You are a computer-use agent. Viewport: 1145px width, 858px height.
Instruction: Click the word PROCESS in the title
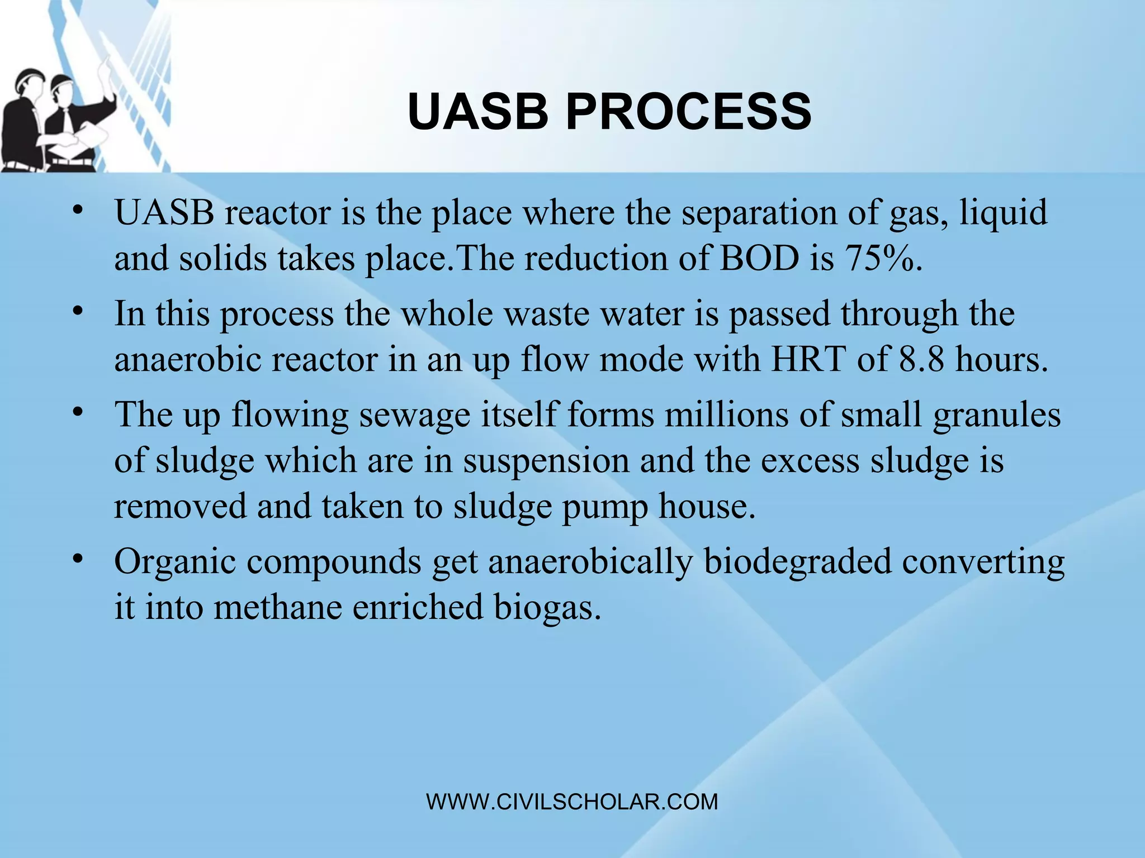point(689,112)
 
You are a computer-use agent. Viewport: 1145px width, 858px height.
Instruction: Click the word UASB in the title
point(478,112)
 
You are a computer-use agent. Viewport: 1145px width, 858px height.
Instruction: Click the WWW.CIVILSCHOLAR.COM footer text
point(572,802)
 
